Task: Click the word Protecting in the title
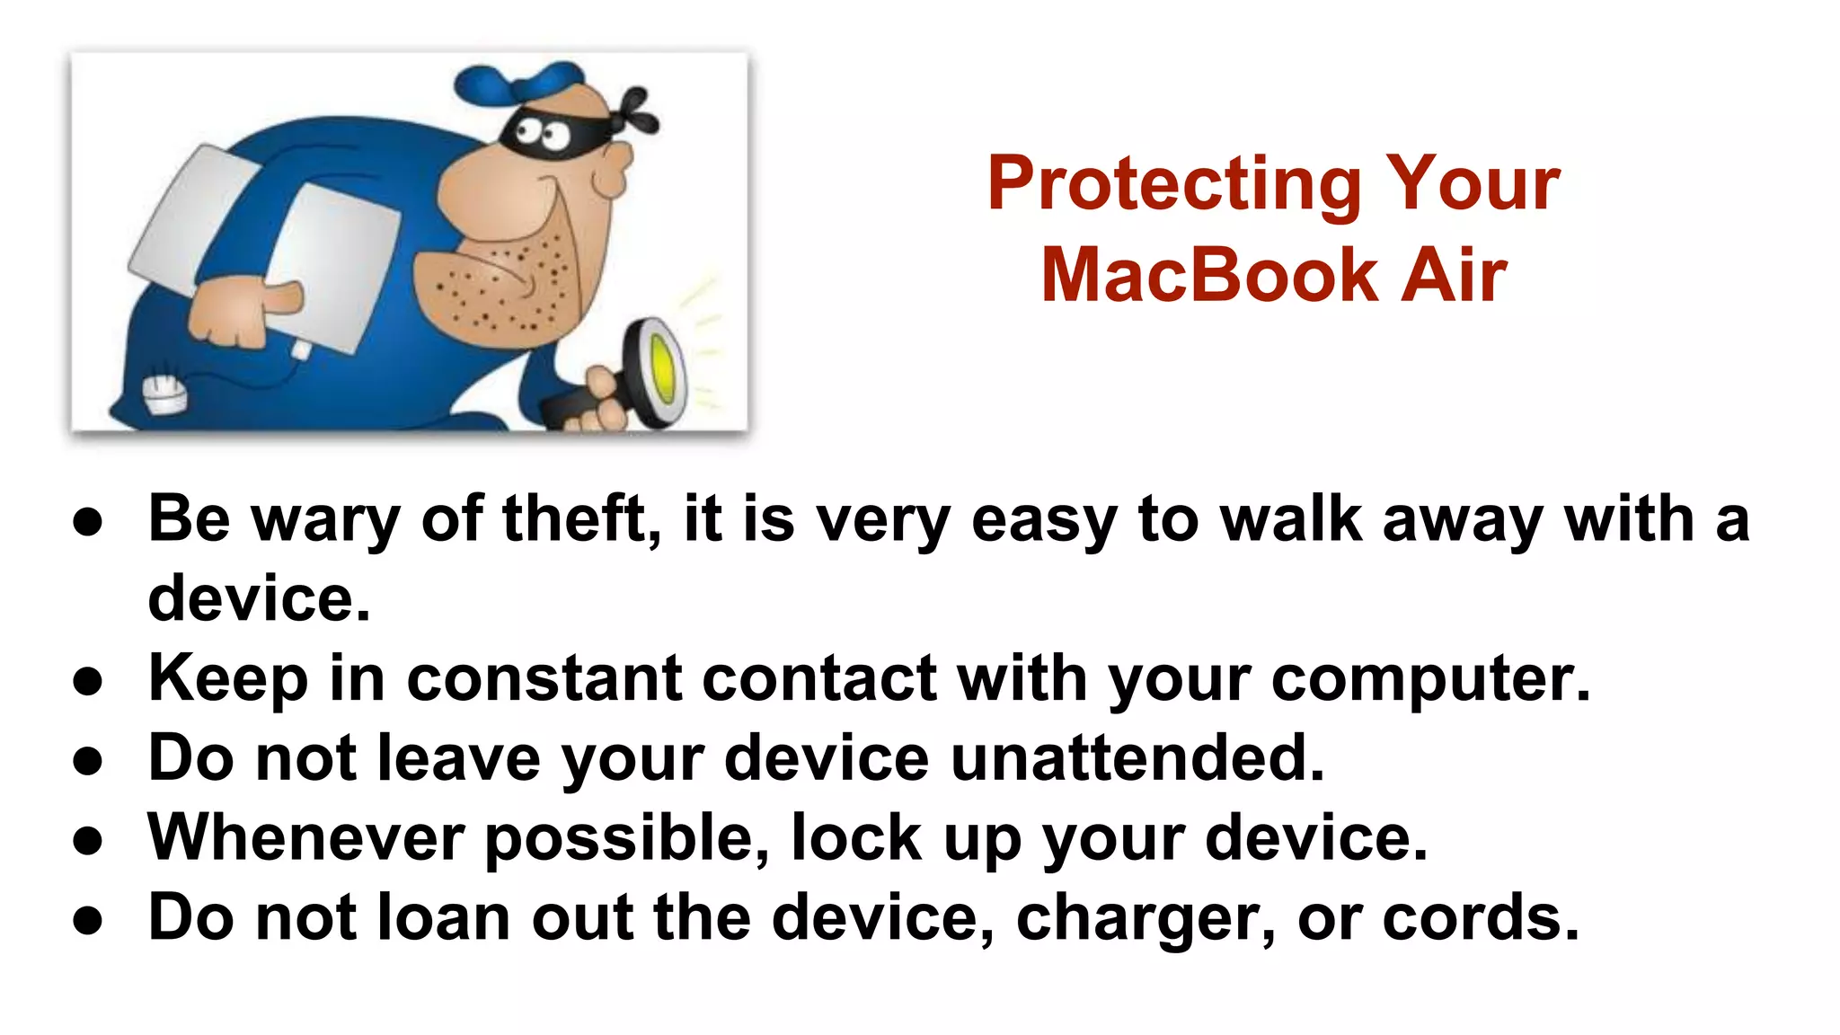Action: [1173, 185]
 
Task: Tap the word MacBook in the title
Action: [1209, 276]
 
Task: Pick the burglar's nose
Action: [615, 170]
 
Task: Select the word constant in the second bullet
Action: [544, 679]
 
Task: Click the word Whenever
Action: [306, 838]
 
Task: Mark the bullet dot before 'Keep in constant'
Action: [88, 682]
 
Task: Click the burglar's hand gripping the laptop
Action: [238, 311]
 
